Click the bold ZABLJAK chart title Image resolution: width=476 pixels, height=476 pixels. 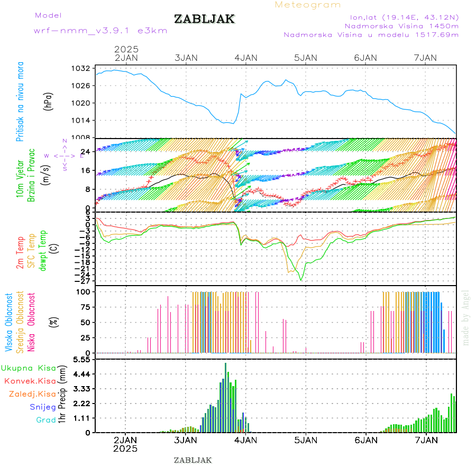(x=204, y=19)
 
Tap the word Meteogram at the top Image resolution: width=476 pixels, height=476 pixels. (x=308, y=5)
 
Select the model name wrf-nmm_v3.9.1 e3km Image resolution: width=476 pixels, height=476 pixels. (x=100, y=31)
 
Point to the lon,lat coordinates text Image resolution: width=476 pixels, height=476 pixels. (x=400, y=16)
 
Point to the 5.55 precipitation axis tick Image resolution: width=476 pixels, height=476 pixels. (x=82, y=360)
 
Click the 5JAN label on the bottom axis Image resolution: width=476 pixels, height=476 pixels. (x=306, y=440)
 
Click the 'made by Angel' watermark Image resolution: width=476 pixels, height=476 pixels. (x=465, y=317)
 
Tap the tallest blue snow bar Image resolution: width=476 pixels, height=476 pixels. (x=225, y=397)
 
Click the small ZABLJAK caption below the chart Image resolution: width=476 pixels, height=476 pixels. (x=193, y=460)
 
